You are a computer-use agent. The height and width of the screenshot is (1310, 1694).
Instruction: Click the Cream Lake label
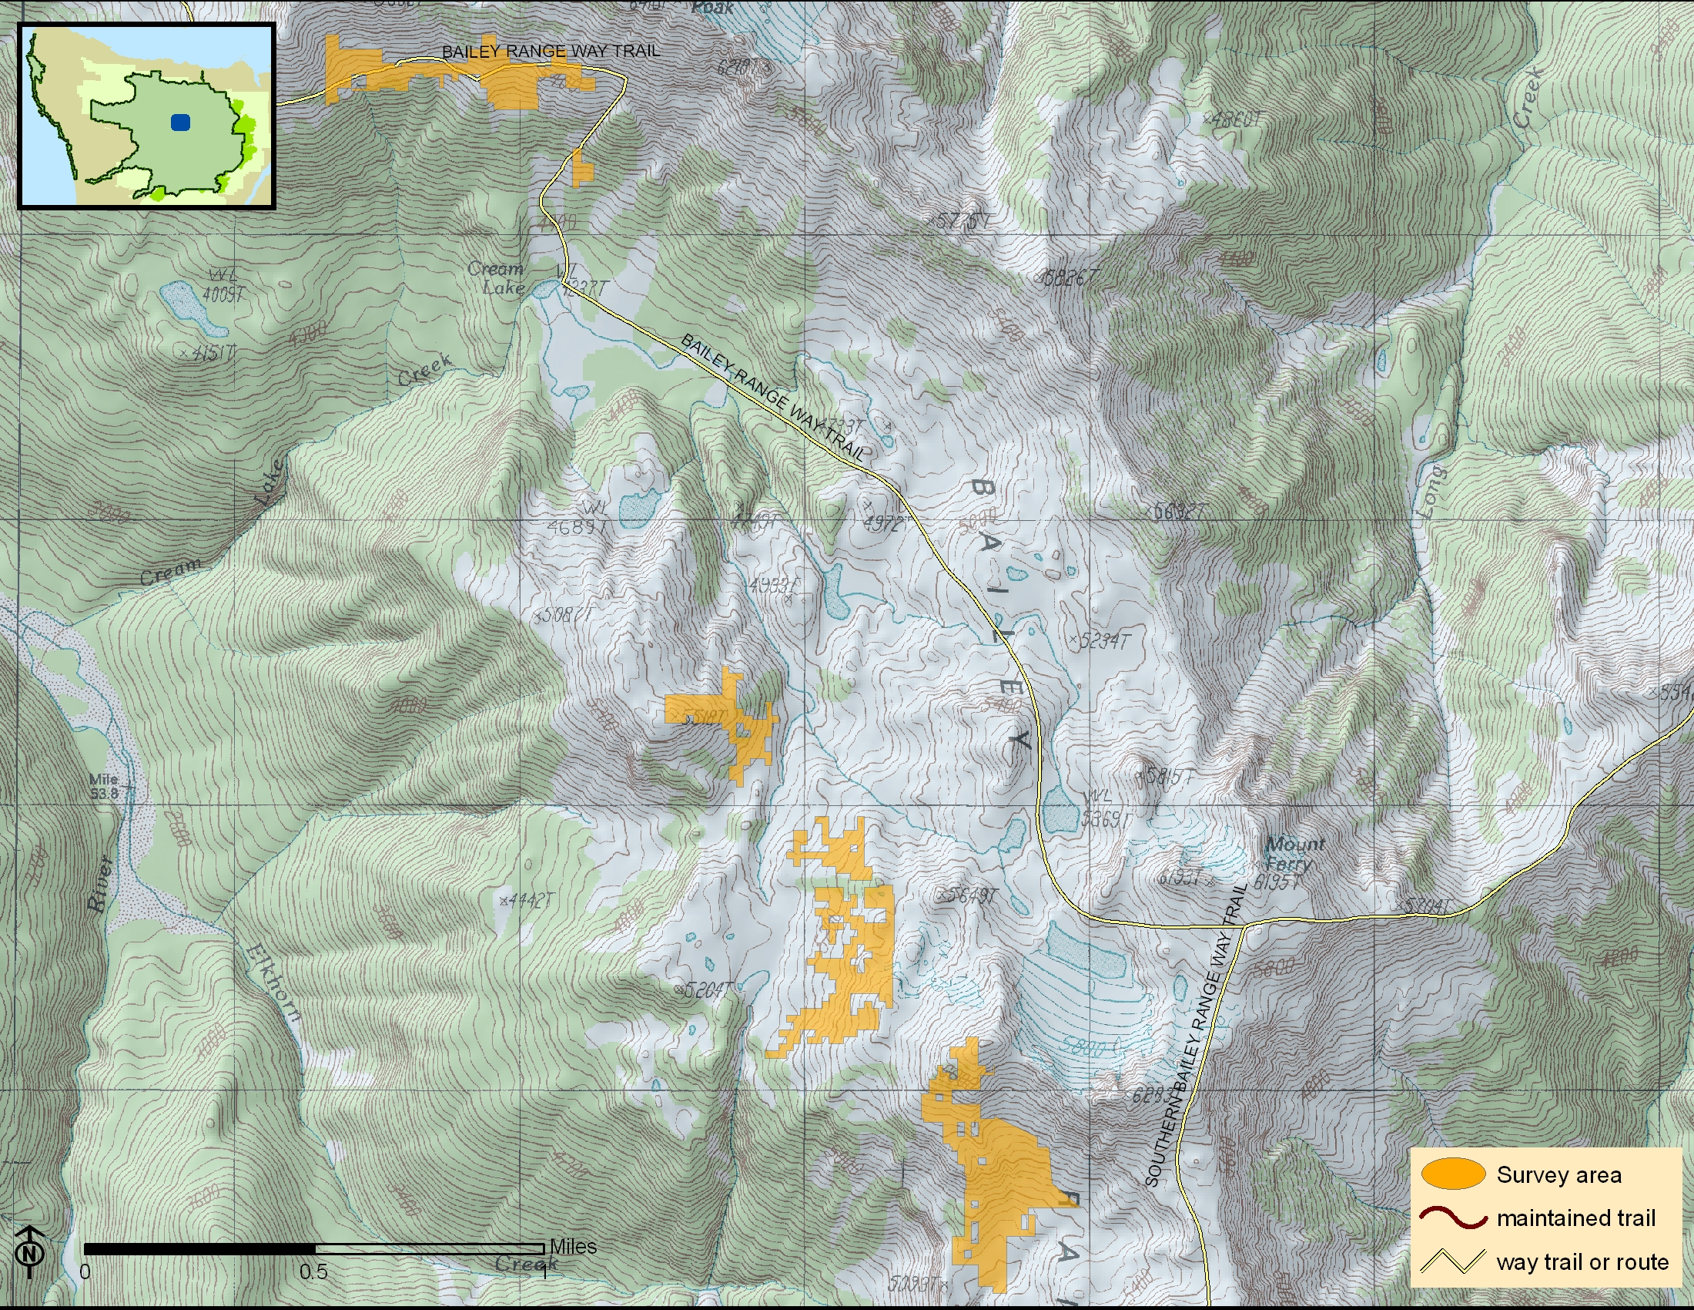pos(496,278)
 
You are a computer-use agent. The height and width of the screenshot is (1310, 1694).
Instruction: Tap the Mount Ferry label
pos(1293,854)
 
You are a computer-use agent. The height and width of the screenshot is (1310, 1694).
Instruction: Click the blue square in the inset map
pos(180,122)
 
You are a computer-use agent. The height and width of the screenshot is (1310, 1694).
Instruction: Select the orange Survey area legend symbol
pos(1452,1174)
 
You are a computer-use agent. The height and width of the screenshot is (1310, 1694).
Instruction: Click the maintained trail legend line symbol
pos(1452,1218)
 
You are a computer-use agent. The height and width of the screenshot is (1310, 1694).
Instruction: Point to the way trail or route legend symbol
pos(1452,1261)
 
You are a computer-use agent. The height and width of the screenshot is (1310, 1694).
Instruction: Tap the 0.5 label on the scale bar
pos(313,1272)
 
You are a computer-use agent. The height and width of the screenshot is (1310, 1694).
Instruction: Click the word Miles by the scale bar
pos(572,1246)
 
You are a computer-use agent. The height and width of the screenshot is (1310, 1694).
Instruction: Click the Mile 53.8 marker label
pos(105,785)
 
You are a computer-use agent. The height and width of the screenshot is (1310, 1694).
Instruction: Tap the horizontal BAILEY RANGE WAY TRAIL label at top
pos(551,51)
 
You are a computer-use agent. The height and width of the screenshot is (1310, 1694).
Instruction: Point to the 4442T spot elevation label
pos(531,900)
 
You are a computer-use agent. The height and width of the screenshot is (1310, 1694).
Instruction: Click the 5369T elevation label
pos(1106,820)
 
